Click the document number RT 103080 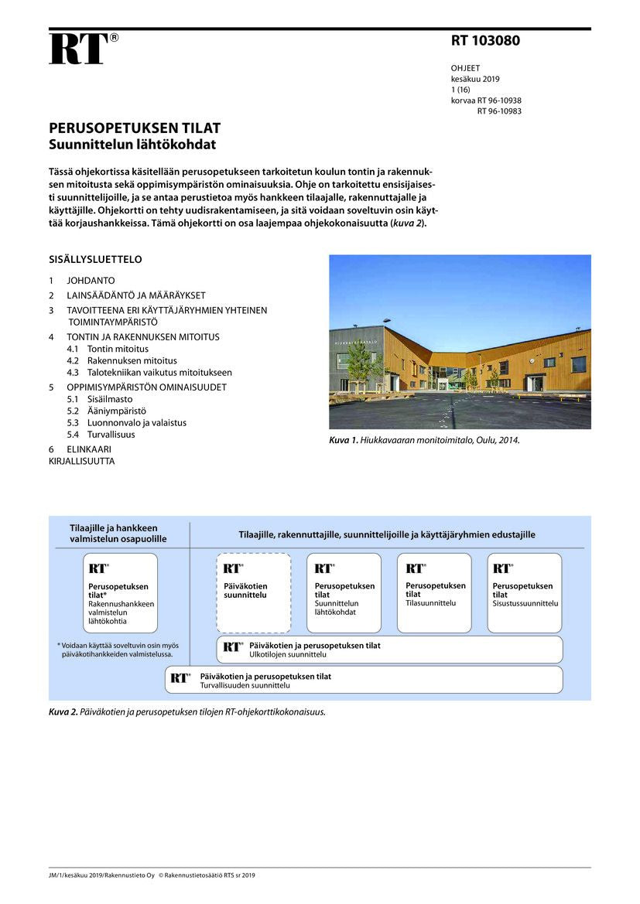click(485, 41)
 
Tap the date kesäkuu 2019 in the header click(475, 79)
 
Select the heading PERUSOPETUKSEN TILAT click(135, 128)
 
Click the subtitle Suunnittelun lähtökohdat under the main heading click(132, 144)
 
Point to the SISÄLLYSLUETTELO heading click(95, 260)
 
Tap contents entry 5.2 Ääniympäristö click(116, 411)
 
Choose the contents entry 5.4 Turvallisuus click(111, 435)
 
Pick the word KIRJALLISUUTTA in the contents click(81, 462)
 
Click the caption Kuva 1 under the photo click(424, 440)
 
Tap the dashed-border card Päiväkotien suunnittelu click(253, 592)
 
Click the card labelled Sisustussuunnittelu click(525, 592)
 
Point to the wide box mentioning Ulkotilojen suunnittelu click(388, 650)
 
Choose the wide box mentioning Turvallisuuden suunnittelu click(364, 680)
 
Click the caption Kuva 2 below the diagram click(187, 712)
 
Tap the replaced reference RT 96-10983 click(499, 111)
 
